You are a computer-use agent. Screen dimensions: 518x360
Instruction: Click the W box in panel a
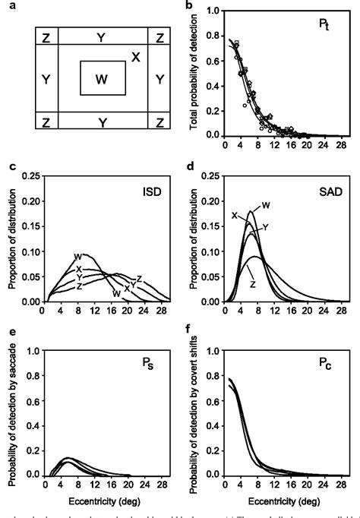(100, 77)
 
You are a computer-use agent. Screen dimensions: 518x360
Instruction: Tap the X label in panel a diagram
(135, 57)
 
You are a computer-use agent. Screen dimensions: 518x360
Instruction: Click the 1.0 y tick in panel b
(216, 11)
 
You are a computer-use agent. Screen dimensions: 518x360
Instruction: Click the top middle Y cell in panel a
(100, 36)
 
